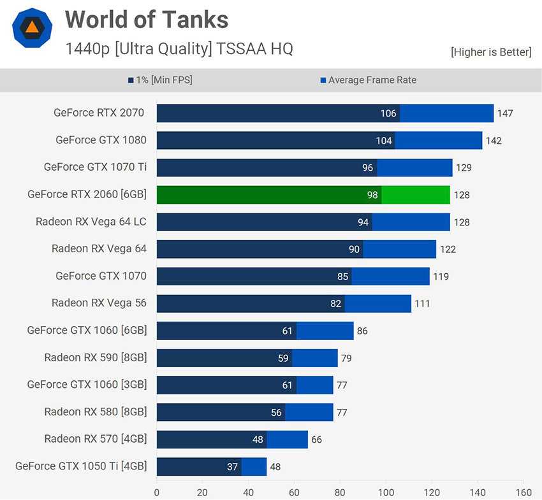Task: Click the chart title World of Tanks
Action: tap(147, 20)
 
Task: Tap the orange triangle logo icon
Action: tap(32, 28)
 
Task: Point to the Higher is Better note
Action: tap(491, 52)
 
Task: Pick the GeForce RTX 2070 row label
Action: tap(99, 113)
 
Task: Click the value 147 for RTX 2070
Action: tap(505, 113)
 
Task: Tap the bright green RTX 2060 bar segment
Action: tap(415, 195)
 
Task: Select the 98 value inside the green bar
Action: tap(372, 195)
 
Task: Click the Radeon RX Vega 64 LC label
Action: tap(91, 222)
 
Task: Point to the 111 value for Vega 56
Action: tap(422, 304)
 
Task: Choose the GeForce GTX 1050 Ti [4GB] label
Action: tap(81, 466)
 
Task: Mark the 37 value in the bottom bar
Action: tap(232, 467)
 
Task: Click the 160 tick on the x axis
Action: tap(523, 492)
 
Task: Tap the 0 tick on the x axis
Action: tap(157, 492)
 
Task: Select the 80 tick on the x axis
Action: tap(340, 492)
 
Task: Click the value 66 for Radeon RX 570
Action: tap(316, 440)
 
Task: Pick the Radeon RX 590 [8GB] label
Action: tap(95, 357)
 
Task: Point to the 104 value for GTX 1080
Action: tap(384, 141)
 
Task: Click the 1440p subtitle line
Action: tap(179, 48)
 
